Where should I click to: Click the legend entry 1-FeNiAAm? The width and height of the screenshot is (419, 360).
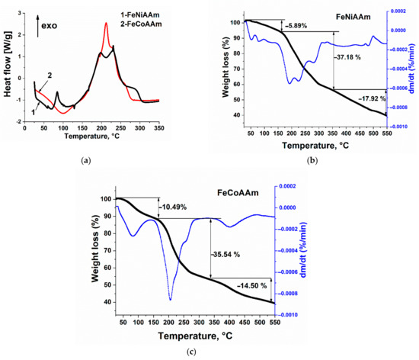tap(150, 16)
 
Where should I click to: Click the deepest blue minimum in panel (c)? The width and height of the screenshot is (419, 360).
tap(170, 300)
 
